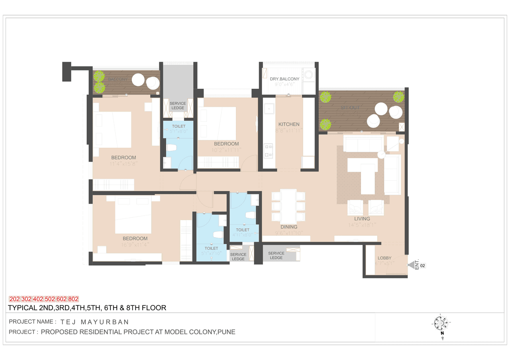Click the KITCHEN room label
288,124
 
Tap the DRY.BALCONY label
284,79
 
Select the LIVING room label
362,219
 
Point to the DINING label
286,227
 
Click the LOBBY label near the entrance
384,258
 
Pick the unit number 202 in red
14,299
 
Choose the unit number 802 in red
73,299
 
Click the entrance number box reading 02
423,266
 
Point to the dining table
288,205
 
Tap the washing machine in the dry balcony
308,75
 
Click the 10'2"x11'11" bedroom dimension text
226,150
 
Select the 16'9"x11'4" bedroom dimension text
135,245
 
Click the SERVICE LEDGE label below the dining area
276,255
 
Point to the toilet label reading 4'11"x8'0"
243,235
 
